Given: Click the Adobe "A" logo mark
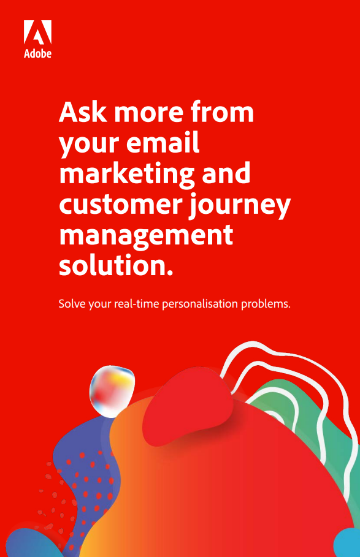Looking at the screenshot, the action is [x=37, y=32].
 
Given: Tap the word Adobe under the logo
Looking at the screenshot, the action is [x=37, y=53].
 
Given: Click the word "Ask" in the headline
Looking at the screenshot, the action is [x=83, y=112].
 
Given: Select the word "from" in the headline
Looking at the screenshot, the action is [x=222, y=112].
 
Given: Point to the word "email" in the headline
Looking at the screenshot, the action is [x=162, y=142].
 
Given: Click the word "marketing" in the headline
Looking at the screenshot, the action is [x=127, y=174].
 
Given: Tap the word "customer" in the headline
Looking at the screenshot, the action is [x=121, y=204].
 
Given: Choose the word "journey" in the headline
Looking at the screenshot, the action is [x=240, y=205].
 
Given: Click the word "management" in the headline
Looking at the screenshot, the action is [x=146, y=236].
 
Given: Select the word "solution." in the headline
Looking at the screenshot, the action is [x=116, y=265].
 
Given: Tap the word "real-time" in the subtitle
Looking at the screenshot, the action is [x=137, y=304].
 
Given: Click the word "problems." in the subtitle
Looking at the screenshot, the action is [x=266, y=304].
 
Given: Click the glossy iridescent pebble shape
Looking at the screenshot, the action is [x=112, y=391].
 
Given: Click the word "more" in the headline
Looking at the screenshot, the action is [x=148, y=113].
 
